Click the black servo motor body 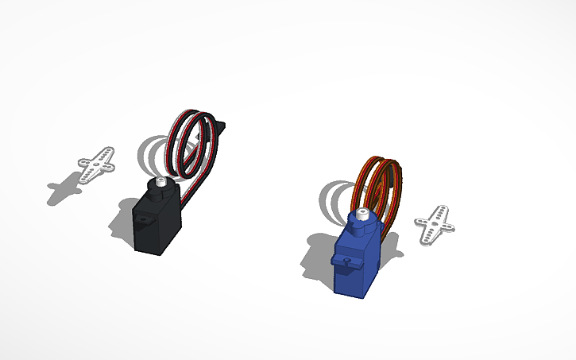[156, 226]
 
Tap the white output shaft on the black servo [161, 184]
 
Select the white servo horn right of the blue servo [435, 225]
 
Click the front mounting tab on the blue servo [348, 259]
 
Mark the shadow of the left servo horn [64, 192]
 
